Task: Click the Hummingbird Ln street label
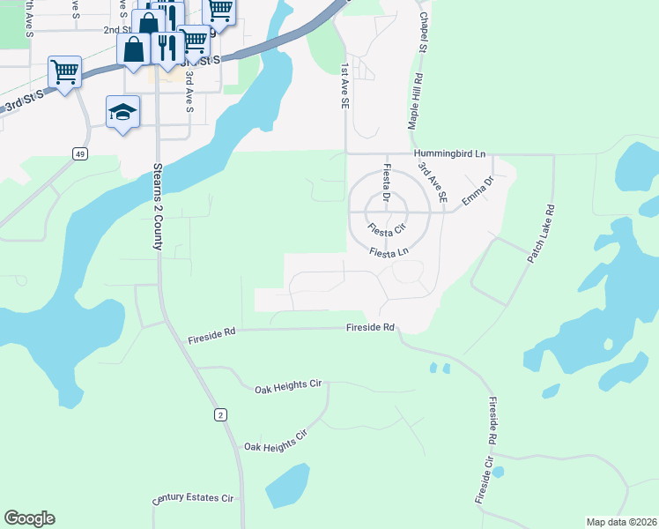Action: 450,153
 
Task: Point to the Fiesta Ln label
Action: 389,252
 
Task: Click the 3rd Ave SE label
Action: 433,183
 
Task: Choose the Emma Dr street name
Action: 478,190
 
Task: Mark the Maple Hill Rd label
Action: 414,102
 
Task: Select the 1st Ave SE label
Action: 344,86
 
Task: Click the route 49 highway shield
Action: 80,154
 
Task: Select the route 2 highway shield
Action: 219,414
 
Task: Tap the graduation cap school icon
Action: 123,112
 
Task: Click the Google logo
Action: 29,518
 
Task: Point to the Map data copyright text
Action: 621,522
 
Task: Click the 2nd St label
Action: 117,29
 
